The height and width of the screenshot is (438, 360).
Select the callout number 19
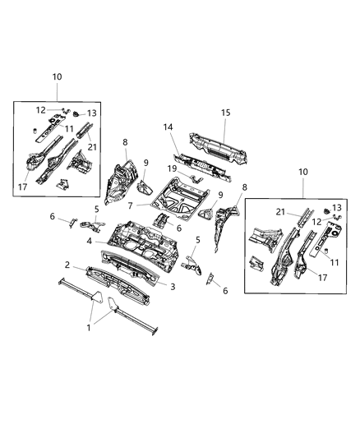click(173, 168)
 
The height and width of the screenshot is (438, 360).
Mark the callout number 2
click(67, 265)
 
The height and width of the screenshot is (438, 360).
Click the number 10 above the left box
click(56, 76)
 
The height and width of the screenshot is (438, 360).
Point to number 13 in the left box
click(92, 113)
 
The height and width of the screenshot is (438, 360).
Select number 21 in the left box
click(92, 147)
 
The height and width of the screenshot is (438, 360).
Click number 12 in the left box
click(41, 109)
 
